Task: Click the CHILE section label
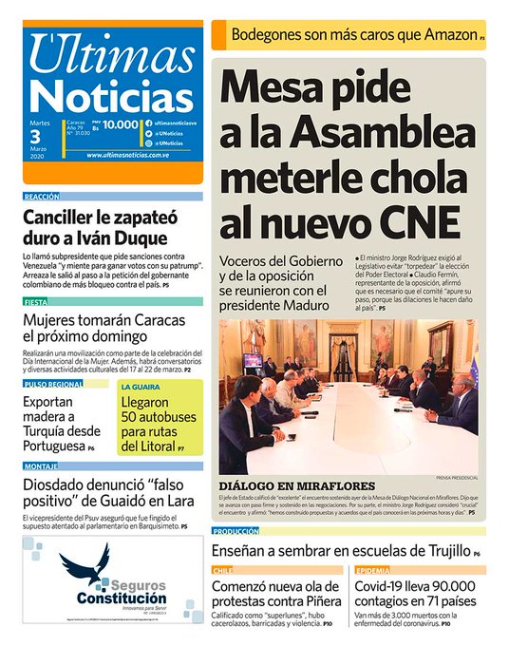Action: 224,570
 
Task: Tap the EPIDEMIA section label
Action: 372,570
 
